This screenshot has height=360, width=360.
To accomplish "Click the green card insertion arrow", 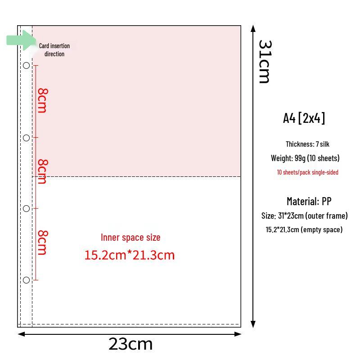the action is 21,40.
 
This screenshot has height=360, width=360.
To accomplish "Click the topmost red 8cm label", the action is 43,100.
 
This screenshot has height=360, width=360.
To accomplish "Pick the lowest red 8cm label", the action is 43,243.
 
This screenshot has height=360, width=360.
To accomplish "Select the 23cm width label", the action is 130,344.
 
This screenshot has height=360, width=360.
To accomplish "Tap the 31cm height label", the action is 265,62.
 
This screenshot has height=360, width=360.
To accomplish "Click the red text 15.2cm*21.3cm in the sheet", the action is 130,255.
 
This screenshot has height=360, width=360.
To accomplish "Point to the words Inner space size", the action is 130,238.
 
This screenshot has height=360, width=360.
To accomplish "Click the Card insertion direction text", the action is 54,50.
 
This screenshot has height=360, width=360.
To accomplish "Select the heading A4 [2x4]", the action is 304,118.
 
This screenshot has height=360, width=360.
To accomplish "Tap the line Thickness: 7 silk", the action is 307,144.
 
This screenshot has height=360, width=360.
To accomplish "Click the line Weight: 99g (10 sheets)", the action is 305,158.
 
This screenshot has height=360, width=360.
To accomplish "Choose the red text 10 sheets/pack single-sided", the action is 308,172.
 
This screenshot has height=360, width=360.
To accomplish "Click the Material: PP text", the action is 309,201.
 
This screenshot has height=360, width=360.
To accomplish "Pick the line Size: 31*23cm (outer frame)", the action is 305,216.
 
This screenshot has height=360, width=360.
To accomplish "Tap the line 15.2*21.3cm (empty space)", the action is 304,229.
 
